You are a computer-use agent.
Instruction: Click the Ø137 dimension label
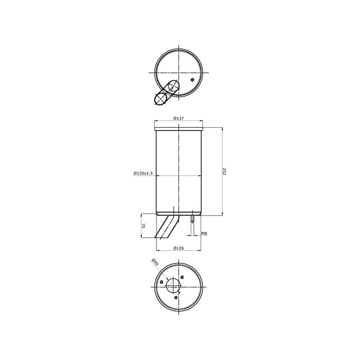pyautogui.click(x=179, y=118)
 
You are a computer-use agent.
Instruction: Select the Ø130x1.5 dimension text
pyautogui.click(x=143, y=173)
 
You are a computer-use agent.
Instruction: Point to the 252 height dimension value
pyautogui.click(x=225, y=171)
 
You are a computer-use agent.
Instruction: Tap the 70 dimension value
pyautogui.click(x=143, y=226)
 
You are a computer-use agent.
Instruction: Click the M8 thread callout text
pyautogui.click(x=204, y=234)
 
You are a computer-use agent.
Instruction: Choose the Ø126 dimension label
pyautogui.click(x=179, y=248)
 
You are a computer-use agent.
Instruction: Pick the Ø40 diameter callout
pyautogui.click(x=155, y=262)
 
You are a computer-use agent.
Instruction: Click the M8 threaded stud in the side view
pyautogui.click(x=193, y=218)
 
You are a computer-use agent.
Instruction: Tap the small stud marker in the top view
pyautogui.click(x=193, y=80)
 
